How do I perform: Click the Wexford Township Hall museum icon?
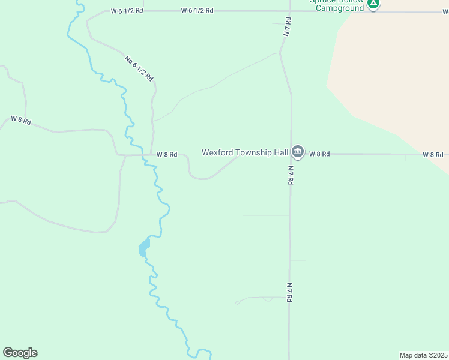point(298,151)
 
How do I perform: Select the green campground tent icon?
point(373,4)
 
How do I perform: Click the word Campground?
point(340,8)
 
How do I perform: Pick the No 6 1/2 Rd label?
point(139,68)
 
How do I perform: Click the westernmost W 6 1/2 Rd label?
point(127,11)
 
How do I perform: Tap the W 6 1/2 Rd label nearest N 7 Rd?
point(197,11)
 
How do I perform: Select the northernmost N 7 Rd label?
point(288,28)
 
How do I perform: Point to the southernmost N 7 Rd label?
point(289,292)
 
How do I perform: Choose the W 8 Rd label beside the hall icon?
point(319,154)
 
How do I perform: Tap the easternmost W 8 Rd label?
point(432,155)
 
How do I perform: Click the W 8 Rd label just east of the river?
point(167,155)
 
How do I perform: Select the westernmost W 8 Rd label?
point(20,119)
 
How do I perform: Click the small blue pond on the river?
point(144,247)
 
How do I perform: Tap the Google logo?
point(20,353)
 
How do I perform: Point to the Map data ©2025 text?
point(423,355)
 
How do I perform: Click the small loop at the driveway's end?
point(237,302)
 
